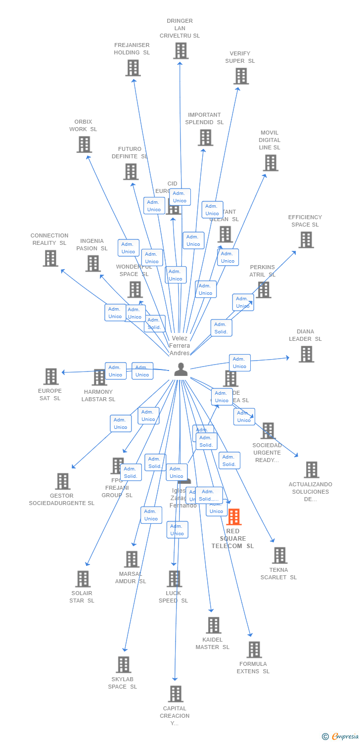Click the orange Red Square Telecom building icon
point(233,517)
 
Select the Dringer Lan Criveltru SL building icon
point(180,50)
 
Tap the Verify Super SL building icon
point(241,76)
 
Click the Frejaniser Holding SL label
point(132,49)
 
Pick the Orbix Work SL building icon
point(84,144)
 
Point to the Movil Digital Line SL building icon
point(270,163)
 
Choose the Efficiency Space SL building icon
point(306,240)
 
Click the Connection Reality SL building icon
point(50,258)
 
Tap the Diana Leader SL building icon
point(306,354)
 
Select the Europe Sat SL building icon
point(51,376)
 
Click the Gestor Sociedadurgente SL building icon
point(63,481)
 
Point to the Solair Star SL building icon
point(83,579)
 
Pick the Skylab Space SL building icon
point(124,665)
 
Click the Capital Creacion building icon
point(176,694)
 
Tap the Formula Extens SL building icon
point(254,649)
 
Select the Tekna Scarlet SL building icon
point(279,556)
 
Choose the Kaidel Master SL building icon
point(213,625)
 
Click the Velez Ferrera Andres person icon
point(180,370)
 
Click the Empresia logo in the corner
point(341,737)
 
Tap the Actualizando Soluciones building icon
point(311,470)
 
